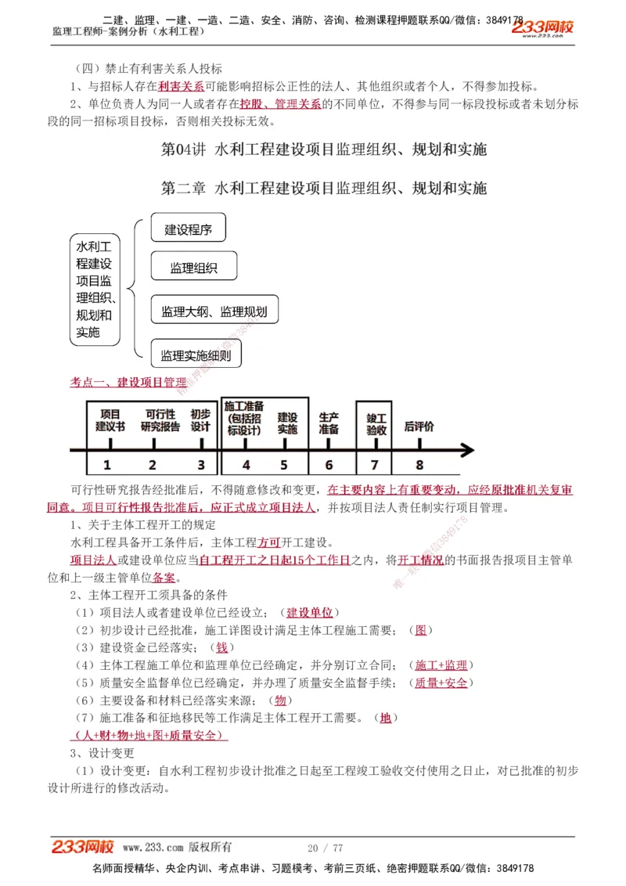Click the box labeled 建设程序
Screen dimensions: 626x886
[x=188, y=230]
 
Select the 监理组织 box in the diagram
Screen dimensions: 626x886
[x=193, y=268]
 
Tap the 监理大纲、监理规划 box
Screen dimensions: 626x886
[x=214, y=312]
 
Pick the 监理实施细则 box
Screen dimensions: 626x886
[x=196, y=355]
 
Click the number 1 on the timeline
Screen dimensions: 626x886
[x=107, y=465]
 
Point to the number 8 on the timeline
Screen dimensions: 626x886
[x=419, y=465]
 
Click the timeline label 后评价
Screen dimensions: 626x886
[x=419, y=427]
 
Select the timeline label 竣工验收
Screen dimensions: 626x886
[x=376, y=423]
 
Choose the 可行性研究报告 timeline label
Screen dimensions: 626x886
[x=160, y=420]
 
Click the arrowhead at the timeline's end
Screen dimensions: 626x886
[x=467, y=450]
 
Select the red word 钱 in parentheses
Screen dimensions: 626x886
[x=221, y=647]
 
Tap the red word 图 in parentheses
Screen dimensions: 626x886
[x=420, y=630]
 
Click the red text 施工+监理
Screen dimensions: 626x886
[x=441, y=665]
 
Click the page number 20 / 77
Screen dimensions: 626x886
[x=326, y=848]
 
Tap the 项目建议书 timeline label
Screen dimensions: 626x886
[x=110, y=420]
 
